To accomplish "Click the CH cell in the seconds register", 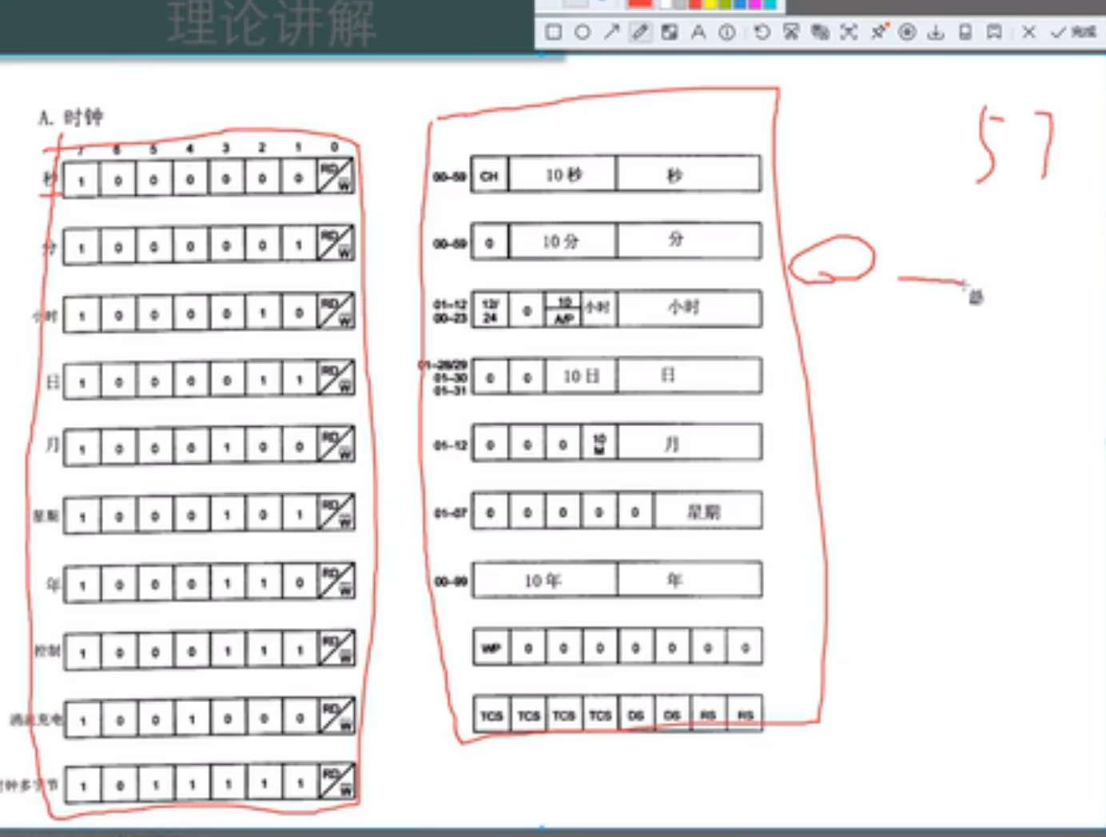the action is click(x=489, y=175).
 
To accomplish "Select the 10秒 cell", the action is click(x=563, y=175).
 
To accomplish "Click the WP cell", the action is click(x=491, y=648).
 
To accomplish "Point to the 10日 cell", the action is click(x=581, y=377).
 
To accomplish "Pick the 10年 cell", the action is click(x=543, y=581).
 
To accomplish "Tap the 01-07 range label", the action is click(x=450, y=512).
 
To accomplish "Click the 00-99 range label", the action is click(x=450, y=582).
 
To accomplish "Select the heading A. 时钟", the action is click(x=70, y=118).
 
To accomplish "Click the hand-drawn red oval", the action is click(x=831, y=259).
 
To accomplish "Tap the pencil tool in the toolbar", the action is click(x=640, y=33).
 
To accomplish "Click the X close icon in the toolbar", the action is click(x=1028, y=33).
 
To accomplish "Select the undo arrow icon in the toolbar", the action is click(x=762, y=33).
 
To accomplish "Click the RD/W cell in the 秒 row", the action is click(x=336, y=177).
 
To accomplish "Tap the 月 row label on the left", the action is click(x=52, y=444).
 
